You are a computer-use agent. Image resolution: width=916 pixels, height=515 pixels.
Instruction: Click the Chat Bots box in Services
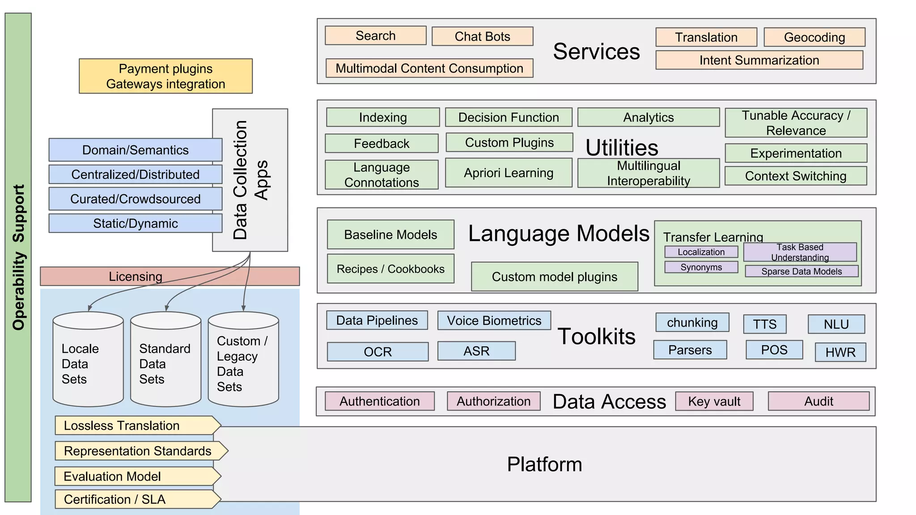coord(482,36)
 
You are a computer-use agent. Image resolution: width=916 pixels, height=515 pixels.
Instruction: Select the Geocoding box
coord(814,37)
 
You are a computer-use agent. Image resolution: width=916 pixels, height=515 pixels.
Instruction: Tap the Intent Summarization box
coord(759,60)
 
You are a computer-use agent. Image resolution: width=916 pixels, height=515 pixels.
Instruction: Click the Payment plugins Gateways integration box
coord(165,76)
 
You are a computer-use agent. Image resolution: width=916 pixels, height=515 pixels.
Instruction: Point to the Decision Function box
coord(509,117)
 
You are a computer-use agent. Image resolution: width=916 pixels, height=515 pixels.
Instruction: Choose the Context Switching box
coord(795,176)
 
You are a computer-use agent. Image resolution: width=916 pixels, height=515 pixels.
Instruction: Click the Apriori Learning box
coord(509,173)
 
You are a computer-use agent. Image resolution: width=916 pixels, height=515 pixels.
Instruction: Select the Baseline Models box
coord(390,234)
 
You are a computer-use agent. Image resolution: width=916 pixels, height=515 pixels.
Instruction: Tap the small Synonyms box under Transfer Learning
coord(701,267)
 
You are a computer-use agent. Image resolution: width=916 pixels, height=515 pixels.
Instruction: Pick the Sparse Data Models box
coord(801,271)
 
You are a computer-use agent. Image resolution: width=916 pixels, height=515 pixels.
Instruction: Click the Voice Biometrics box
coord(494,321)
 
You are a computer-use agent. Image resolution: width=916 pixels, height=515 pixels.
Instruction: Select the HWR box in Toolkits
coord(840,352)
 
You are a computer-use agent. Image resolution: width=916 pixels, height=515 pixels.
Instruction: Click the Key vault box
coord(714,401)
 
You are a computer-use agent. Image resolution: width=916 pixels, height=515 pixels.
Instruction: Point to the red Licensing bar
coord(170,276)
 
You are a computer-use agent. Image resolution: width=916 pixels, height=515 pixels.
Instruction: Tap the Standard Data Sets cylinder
coord(165,360)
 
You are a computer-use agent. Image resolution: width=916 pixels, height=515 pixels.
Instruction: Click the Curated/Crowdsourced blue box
coord(135,198)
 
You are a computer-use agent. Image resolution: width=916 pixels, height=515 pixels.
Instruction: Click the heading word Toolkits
coord(596,336)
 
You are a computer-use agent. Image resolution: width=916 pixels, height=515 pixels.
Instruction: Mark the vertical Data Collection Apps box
coord(250,180)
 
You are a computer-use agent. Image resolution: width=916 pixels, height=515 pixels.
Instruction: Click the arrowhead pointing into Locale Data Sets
coord(90,308)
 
